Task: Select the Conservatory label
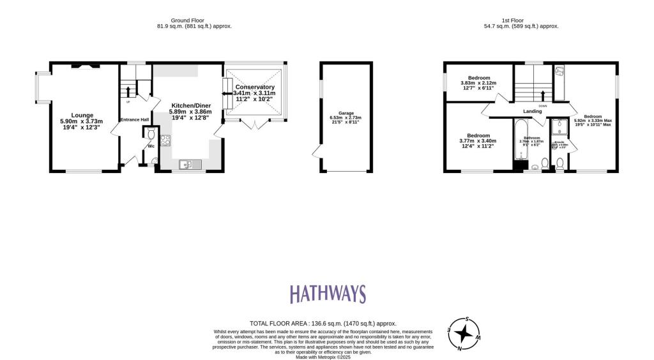255,87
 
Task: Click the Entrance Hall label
134,119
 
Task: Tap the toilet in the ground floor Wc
150,134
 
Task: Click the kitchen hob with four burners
165,140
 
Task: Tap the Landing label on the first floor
532,111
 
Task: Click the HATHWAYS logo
328,294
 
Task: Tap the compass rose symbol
465,333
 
